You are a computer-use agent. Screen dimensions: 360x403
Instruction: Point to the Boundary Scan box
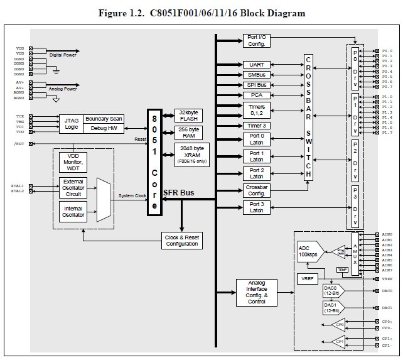[104, 118]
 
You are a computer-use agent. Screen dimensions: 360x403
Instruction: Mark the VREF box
[308, 278]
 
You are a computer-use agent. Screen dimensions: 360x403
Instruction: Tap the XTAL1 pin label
[18, 186]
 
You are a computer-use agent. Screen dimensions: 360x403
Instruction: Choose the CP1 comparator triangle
[338, 342]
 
